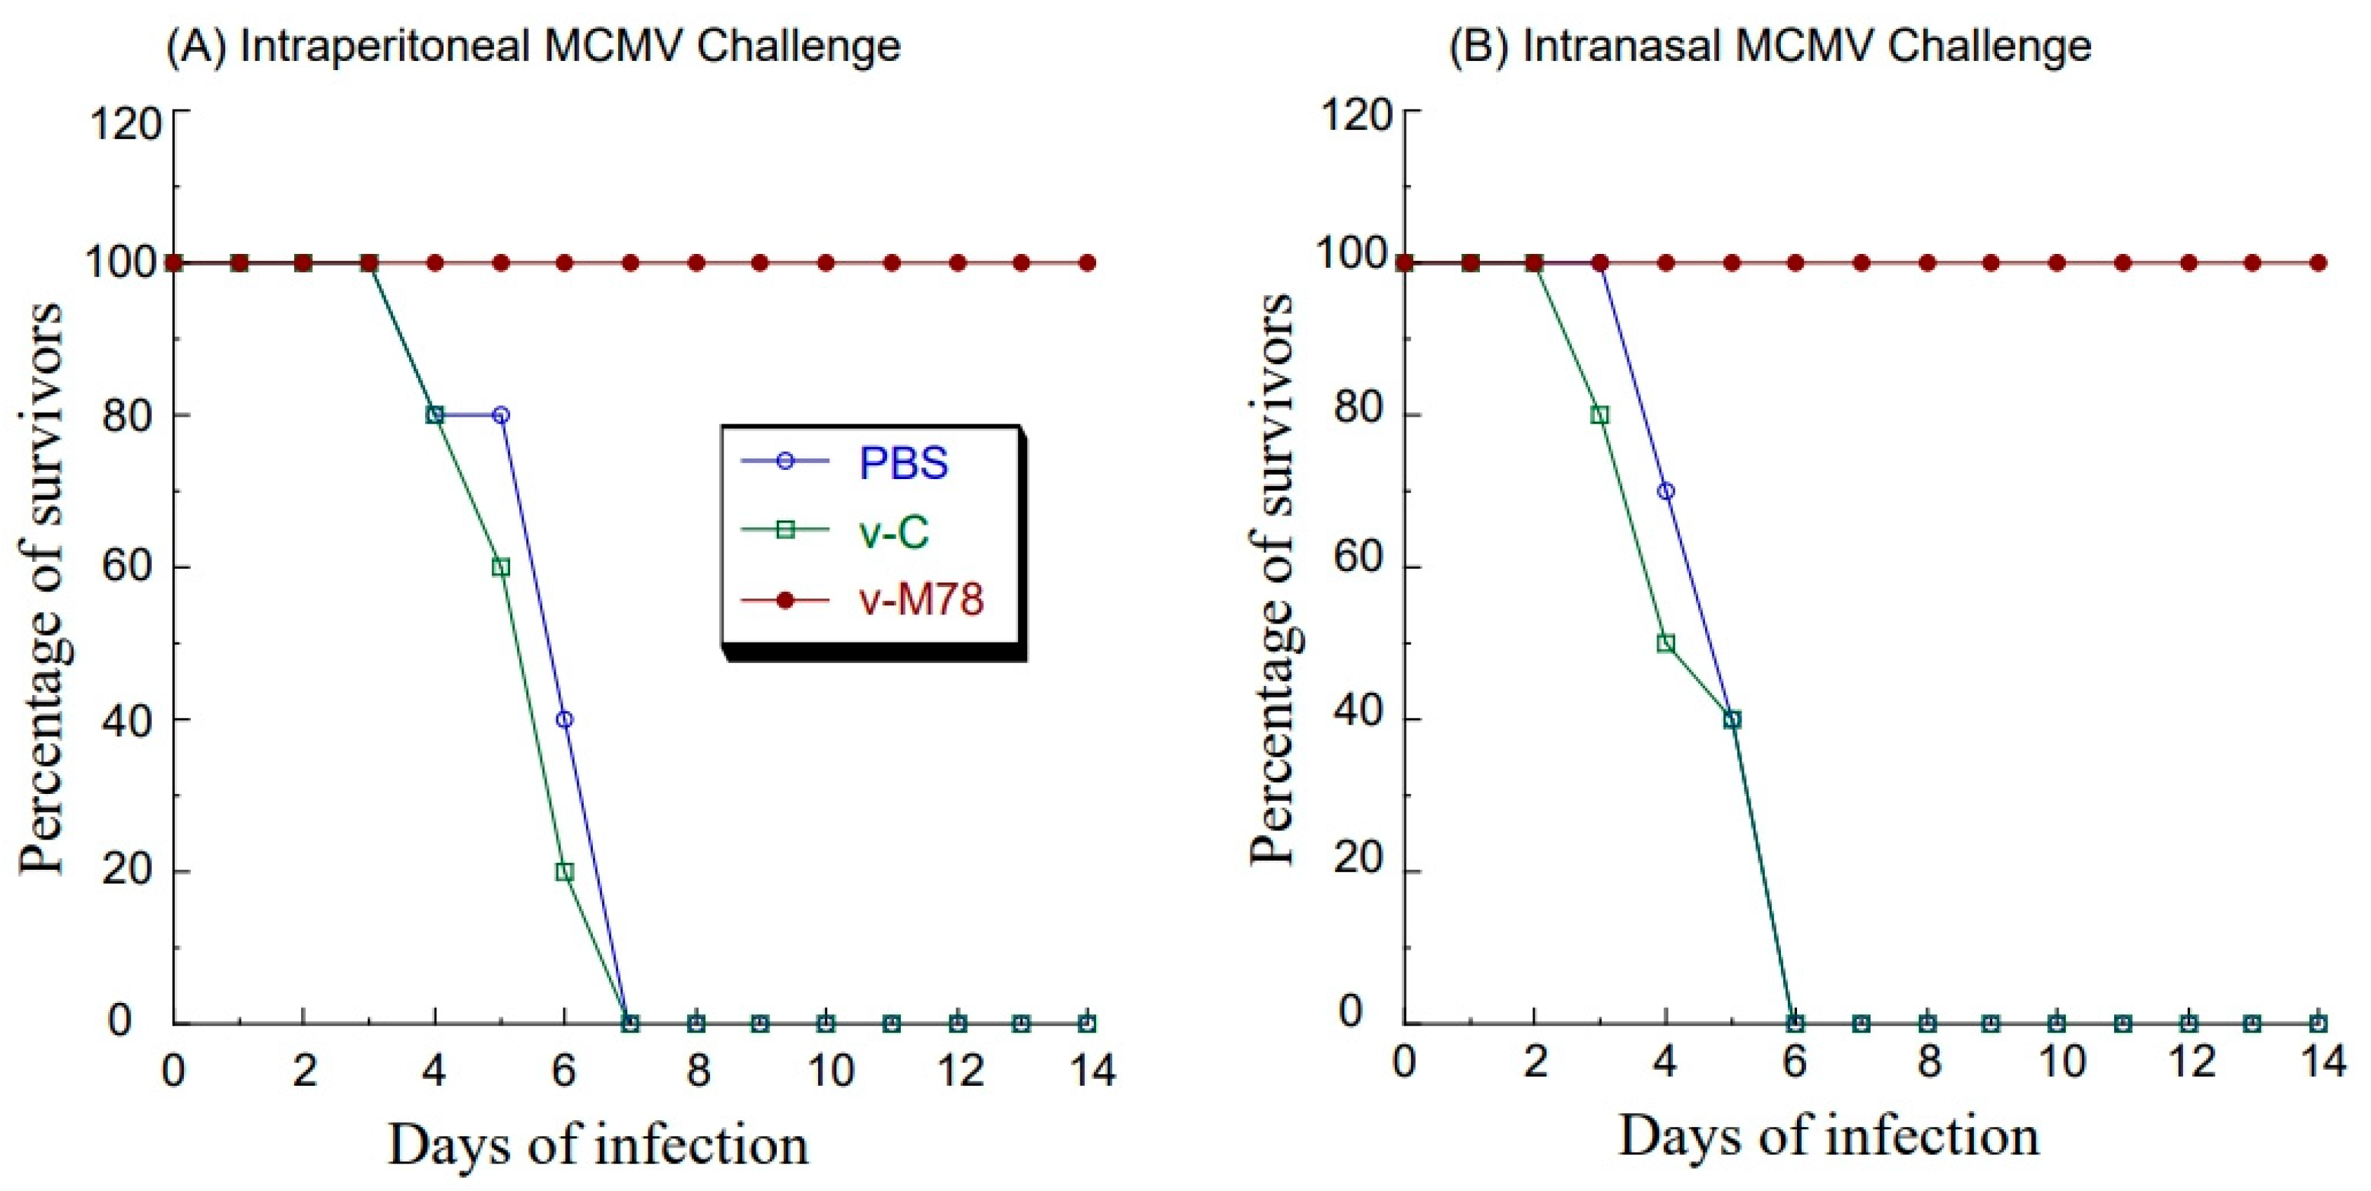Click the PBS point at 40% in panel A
[564, 719]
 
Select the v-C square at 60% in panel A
[500, 567]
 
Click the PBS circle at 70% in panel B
[1665, 490]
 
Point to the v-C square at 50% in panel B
[1665, 642]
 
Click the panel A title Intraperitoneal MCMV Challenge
[532, 46]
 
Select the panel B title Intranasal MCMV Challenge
[1769, 46]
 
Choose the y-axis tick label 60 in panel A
[126, 565]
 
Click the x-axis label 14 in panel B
[2321, 1062]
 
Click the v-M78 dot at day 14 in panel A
[1087, 263]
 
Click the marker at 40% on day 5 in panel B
[1731, 719]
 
